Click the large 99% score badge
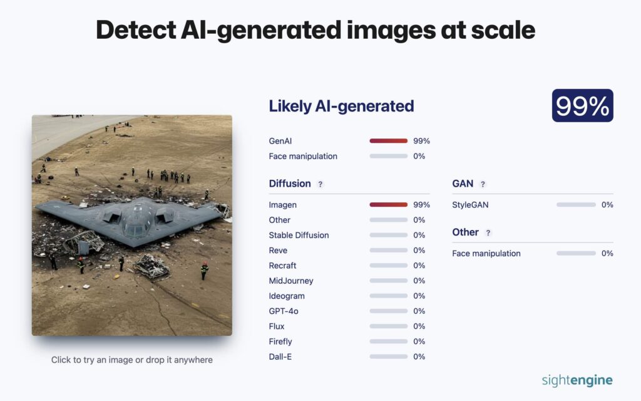(582, 105)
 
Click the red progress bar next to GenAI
(388, 141)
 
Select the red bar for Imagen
(388, 205)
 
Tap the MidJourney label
(291, 281)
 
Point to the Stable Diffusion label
(299, 236)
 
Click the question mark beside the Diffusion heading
(320, 184)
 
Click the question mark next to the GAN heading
(483, 184)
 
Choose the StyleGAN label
(470, 205)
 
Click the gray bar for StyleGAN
(576, 205)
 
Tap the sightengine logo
(577, 380)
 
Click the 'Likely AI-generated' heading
(341, 106)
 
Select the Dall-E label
(280, 357)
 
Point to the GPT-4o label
(284, 311)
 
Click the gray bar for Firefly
(388, 341)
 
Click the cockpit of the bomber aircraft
(136, 217)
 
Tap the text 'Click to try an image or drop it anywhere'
(131, 360)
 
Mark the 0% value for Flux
(419, 326)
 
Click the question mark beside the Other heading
(488, 233)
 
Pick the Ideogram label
(287, 296)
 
